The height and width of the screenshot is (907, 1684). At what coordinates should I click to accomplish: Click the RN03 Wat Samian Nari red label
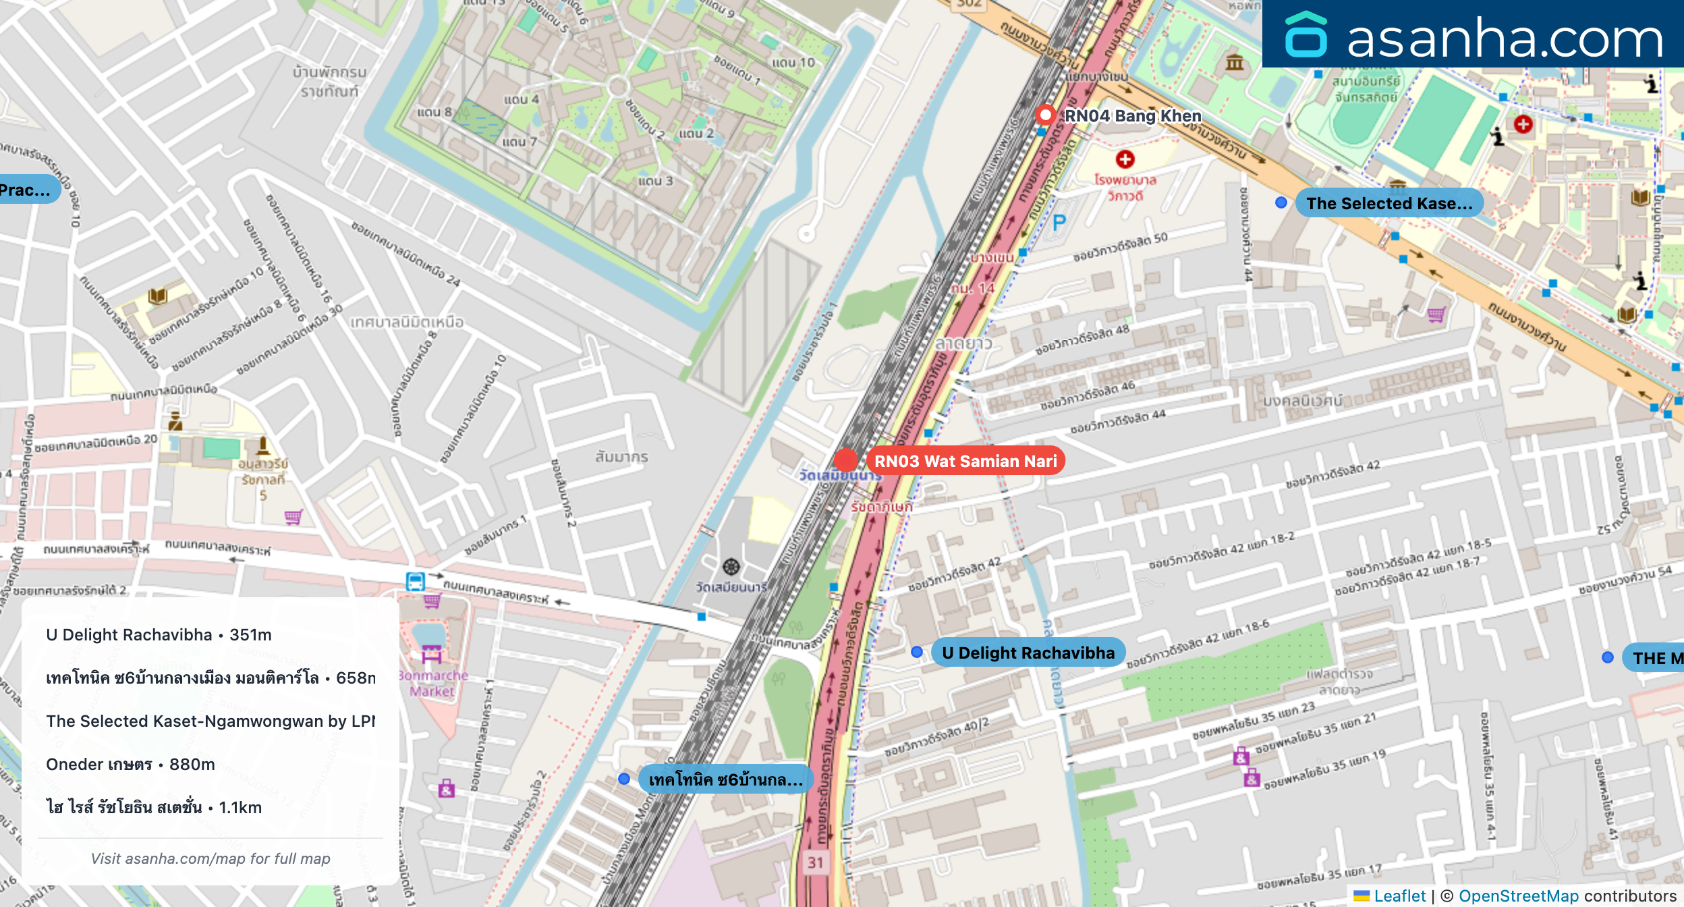pyautogui.click(x=965, y=462)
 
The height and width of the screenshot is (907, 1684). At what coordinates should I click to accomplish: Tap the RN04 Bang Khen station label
pyautogui.click(x=1132, y=116)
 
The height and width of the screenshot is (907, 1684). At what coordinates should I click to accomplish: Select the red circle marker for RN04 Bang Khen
pyautogui.click(x=1045, y=115)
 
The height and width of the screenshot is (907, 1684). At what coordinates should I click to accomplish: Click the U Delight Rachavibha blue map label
pyautogui.click(x=1028, y=653)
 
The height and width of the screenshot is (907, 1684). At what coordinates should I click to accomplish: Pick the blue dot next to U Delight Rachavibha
pyautogui.click(x=917, y=652)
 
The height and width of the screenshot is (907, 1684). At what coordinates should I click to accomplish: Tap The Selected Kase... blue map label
pyautogui.click(x=1388, y=204)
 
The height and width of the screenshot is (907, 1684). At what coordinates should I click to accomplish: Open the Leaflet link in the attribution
pyautogui.click(x=1399, y=896)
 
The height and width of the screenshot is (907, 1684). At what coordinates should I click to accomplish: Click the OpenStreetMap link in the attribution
pyautogui.click(x=1518, y=896)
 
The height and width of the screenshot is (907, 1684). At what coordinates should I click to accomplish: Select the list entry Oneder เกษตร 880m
pyautogui.click(x=131, y=765)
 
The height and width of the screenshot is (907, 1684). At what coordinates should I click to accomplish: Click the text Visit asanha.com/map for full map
pyautogui.click(x=210, y=858)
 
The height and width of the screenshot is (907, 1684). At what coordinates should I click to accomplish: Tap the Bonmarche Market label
pyautogui.click(x=433, y=683)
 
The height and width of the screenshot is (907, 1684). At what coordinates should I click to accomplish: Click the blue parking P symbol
pyautogui.click(x=1059, y=223)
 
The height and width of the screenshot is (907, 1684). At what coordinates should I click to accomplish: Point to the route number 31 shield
pyautogui.click(x=816, y=862)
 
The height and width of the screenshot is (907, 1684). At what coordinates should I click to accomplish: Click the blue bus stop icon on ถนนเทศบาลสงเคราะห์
pyautogui.click(x=416, y=581)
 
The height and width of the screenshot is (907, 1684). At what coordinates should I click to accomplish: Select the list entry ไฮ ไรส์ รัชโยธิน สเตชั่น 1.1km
pyautogui.click(x=154, y=808)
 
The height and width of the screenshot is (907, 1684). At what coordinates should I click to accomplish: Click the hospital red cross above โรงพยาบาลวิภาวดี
pyautogui.click(x=1125, y=159)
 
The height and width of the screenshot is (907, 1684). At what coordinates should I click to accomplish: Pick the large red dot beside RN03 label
pyautogui.click(x=846, y=460)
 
